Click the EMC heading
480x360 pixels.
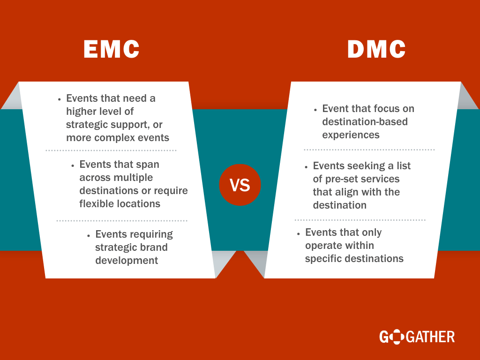click(112, 49)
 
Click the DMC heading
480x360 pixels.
click(376, 49)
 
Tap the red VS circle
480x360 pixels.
click(240, 185)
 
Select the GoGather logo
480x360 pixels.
click(417, 337)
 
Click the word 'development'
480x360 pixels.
click(127, 261)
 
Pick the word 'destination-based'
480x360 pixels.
click(365, 121)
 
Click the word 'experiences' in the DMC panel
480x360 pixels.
click(351, 135)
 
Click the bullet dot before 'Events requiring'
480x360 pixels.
click(89, 236)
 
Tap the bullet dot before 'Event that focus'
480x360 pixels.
click(315, 110)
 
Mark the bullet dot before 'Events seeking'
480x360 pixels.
click(306, 167)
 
